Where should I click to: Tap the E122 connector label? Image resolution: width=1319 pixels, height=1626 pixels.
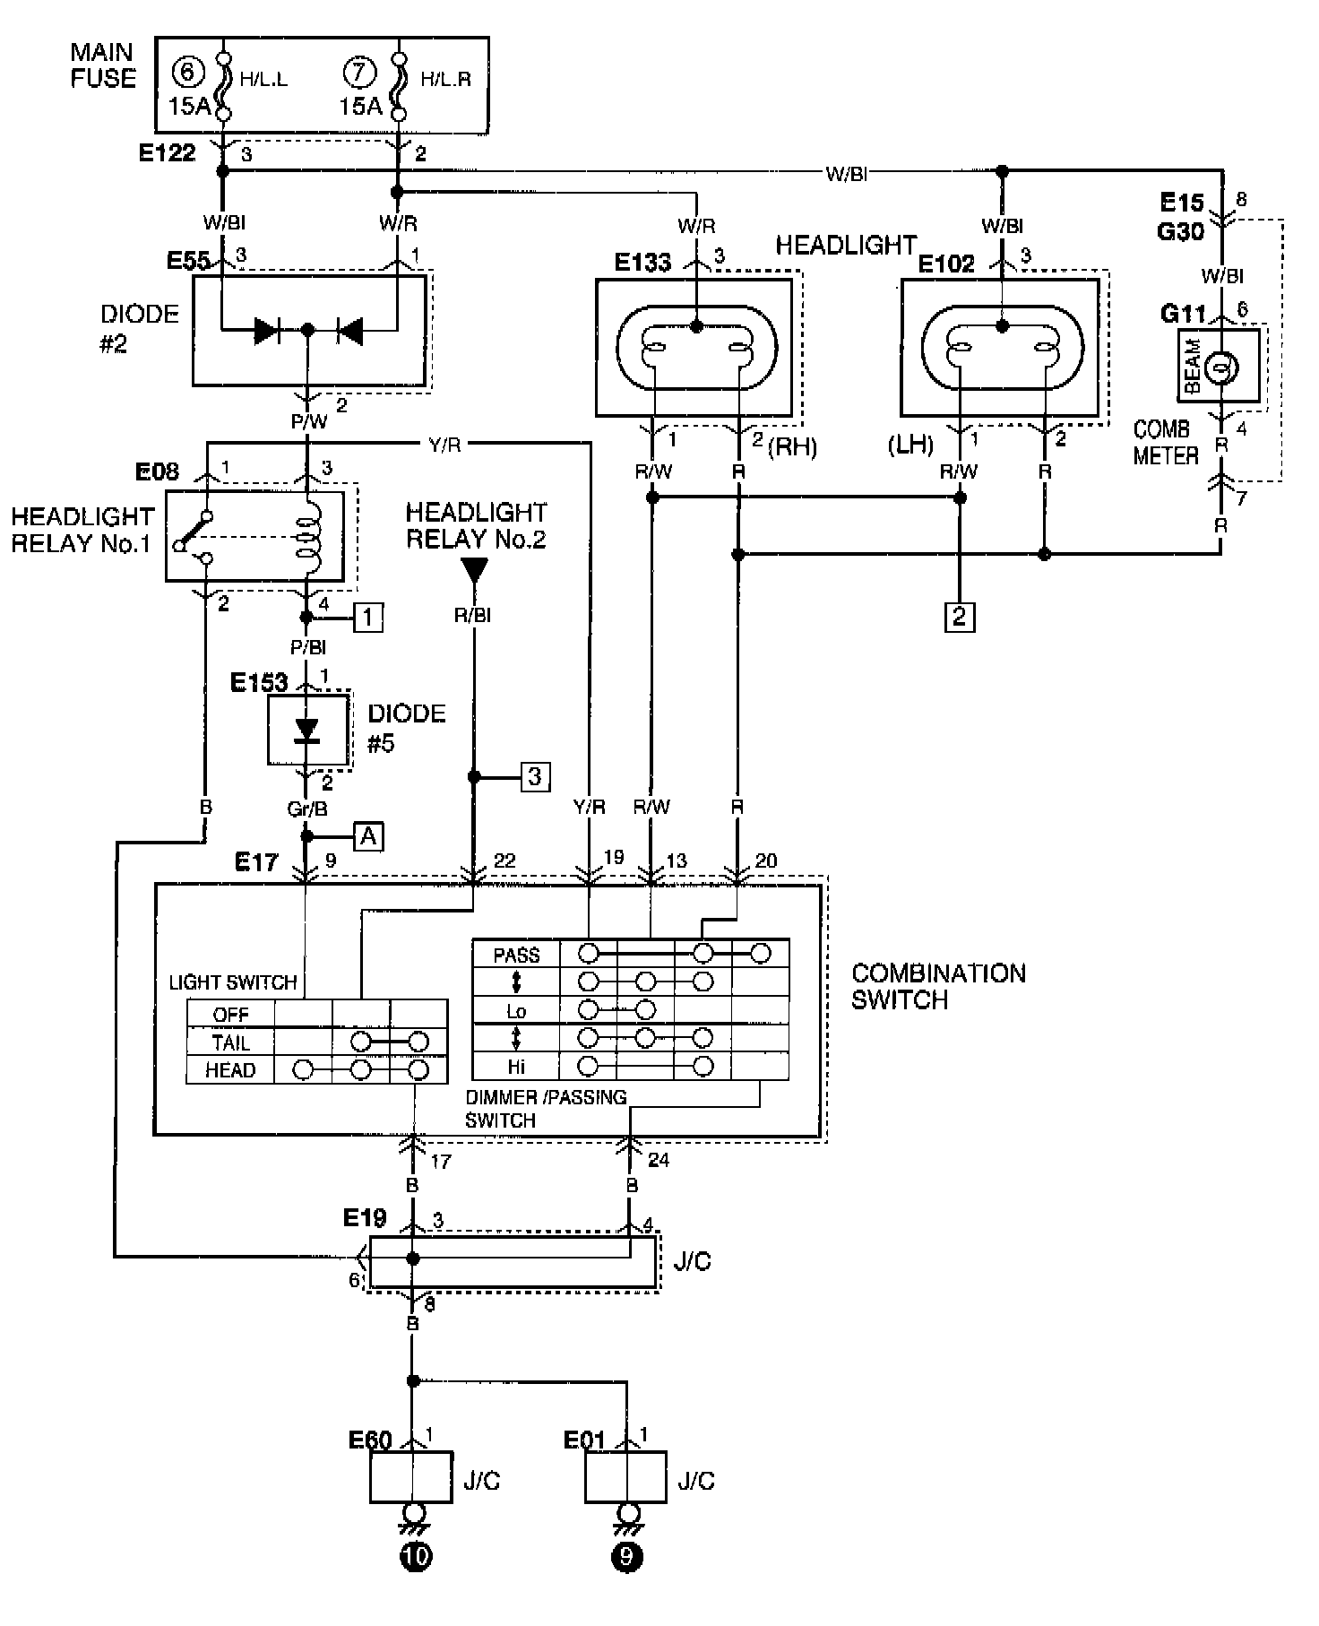pos(168,152)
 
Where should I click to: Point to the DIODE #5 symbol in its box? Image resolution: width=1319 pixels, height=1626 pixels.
pos(307,731)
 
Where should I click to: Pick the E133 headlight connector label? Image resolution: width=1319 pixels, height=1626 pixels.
pos(642,262)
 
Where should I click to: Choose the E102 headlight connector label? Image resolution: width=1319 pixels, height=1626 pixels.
pos(946,263)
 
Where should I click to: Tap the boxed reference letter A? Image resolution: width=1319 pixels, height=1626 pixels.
pos(367,836)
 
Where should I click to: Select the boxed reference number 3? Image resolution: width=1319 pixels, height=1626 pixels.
pos(535,776)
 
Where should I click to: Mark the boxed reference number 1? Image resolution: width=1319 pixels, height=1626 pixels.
pos(368,617)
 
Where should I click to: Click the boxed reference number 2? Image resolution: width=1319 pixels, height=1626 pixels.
pos(960,617)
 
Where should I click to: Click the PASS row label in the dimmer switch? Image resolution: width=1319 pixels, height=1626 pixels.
pos(517,955)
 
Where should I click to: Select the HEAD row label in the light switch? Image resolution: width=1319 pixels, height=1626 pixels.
pos(230,1070)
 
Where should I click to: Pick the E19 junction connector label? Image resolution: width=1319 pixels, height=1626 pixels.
pos(366,1218)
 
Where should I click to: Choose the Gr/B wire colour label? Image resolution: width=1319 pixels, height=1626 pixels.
pos(307,808)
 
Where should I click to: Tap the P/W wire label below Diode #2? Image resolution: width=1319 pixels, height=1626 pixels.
pos(308,420)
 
